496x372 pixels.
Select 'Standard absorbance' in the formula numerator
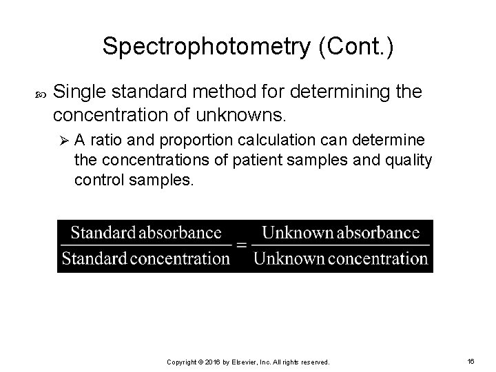146,233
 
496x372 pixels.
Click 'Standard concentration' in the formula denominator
145,260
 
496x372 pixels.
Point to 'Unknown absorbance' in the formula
340,233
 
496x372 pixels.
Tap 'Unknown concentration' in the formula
340,260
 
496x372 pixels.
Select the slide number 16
471,361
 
